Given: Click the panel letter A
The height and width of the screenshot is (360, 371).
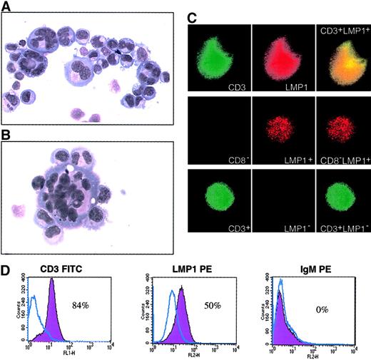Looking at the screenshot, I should pos(6,6).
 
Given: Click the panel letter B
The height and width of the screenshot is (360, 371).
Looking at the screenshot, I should pos(6,133).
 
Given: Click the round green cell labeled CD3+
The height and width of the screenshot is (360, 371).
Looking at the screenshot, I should pos(220,197).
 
